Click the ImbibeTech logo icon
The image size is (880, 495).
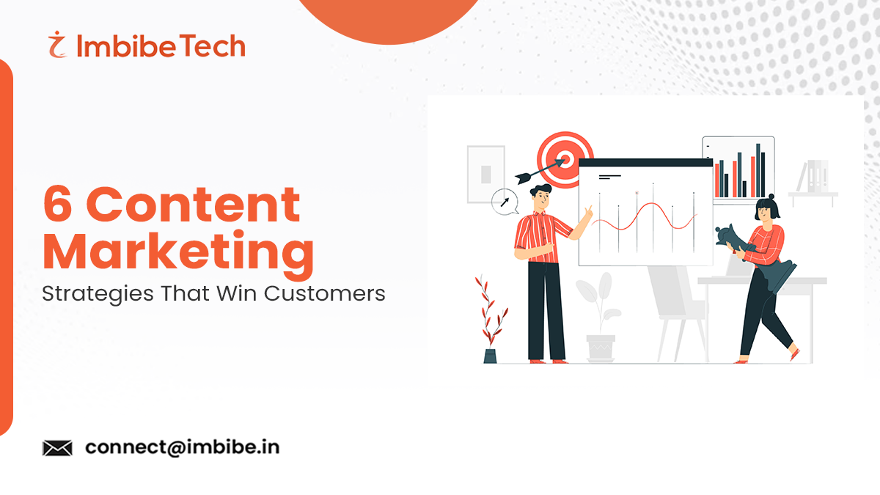tap(56, 46)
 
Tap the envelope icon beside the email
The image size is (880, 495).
tap(57, 447)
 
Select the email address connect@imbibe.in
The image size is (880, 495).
tap(182, 447)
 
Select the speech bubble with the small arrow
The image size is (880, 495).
tap(505, 200)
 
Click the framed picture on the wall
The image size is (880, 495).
tap(485, 173)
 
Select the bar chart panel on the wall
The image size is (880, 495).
tap(738, 168)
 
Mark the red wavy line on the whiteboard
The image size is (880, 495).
tap(645, 218)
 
